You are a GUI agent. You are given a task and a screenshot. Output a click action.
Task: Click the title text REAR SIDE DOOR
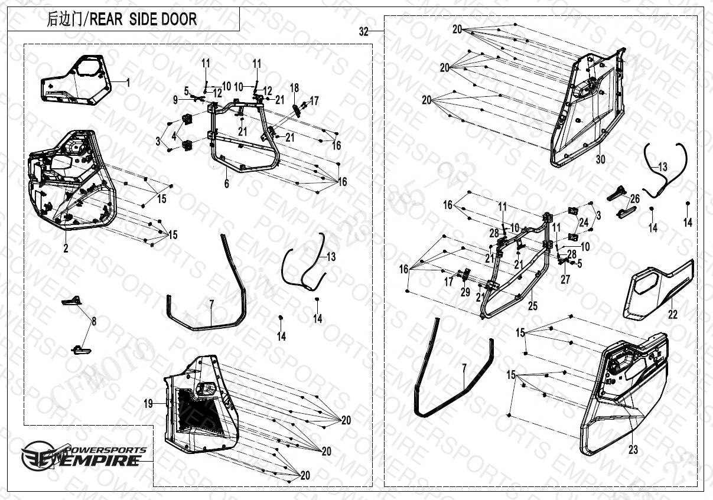122,19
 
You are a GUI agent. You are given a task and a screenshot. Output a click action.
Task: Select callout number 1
128,83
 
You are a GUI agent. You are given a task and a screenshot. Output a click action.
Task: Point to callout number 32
363,32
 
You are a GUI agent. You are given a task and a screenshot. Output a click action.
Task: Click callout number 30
600,159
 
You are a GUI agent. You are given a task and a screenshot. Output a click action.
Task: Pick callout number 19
148,404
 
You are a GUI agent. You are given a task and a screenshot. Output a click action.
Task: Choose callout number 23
633,450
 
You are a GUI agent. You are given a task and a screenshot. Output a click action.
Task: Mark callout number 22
673,315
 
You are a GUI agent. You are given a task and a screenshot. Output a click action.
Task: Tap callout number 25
533,305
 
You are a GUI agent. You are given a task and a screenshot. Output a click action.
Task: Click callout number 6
226,184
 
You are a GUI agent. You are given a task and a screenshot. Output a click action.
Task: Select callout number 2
66,249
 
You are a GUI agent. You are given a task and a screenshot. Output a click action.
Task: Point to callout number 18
294,87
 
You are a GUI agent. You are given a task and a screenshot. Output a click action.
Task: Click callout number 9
175,100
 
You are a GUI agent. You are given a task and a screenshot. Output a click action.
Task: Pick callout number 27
565,279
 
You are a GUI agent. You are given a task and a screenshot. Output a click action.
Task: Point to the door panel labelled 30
591,106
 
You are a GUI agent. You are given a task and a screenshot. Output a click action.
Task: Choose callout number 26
634,198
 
